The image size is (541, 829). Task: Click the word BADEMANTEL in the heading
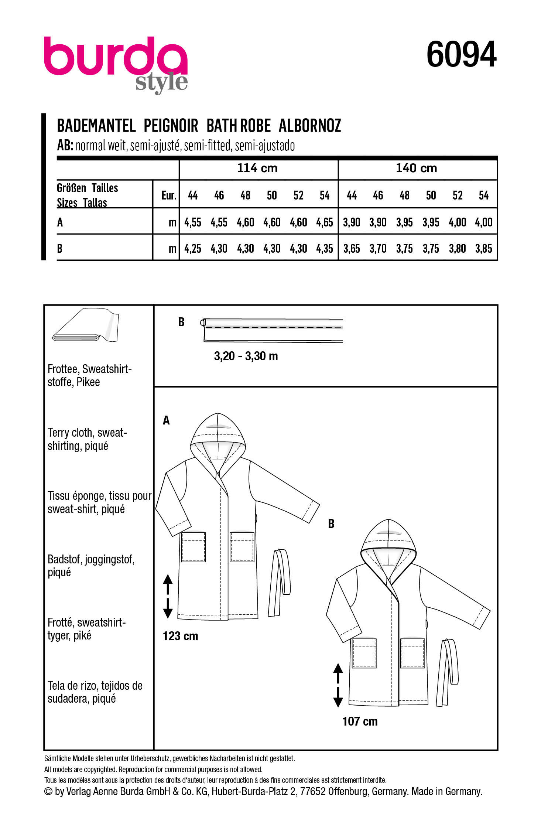coord(96,126)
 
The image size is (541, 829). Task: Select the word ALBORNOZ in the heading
coord(309,126)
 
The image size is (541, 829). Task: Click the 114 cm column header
coord(257,168)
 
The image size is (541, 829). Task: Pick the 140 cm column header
coord(416,168)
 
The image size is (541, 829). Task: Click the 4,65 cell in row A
coord(325,222)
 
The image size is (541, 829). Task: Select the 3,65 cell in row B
coord(352,249)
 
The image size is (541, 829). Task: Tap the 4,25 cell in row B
coord(193,249)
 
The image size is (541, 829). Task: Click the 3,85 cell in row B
coord(483,249)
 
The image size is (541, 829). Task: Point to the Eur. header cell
coord(168,195)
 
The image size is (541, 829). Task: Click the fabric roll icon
coord(86,325)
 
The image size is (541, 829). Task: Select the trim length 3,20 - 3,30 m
coord(246,356)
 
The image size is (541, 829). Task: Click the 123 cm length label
coord(180,636)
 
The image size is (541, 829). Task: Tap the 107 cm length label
coord(360,721)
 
